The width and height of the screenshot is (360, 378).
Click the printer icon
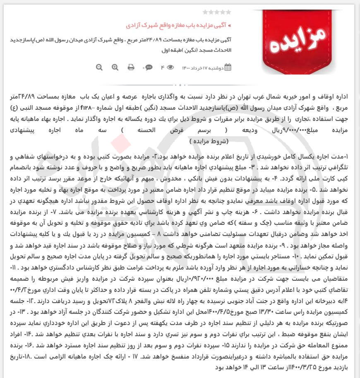[x=131, y=67]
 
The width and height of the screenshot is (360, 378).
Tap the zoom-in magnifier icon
[x=115, y=67]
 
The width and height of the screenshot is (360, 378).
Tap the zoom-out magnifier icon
[x=99, y=67]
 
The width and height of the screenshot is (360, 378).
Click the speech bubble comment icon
[x=148, y=67]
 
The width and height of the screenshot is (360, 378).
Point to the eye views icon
[x=170, y=67]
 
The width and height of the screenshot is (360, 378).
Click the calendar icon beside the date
[x=227, y=67]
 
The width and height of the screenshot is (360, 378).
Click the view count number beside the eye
[x=163, y=67]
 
